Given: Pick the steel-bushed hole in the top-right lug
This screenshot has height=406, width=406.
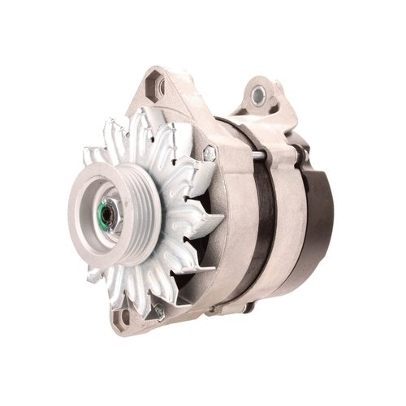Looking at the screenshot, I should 259,95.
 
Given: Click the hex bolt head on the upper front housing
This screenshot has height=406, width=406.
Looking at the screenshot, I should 209,153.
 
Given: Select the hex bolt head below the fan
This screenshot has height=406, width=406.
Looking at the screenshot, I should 159,313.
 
